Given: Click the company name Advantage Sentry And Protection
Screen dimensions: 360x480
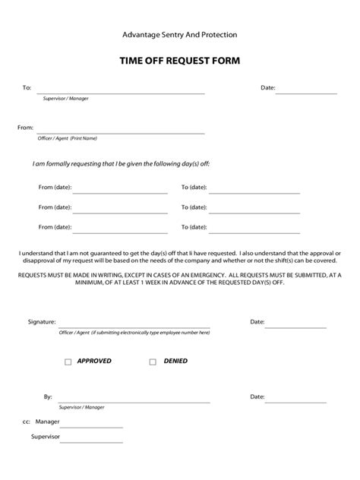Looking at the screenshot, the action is (180, 34).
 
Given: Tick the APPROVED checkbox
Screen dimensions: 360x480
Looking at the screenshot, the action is (68, 362).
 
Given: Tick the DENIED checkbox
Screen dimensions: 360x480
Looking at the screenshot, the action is (153, 362).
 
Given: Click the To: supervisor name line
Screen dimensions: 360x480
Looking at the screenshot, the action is (121, 92).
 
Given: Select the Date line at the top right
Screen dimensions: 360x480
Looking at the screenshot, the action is (306, 92).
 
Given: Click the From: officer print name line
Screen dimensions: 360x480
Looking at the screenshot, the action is (121, 132).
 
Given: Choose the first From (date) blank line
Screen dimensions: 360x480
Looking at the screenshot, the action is (120, 191).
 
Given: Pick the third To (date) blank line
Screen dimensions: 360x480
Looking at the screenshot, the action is (254, 231).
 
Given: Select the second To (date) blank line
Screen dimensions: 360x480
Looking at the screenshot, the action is (254, 211).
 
